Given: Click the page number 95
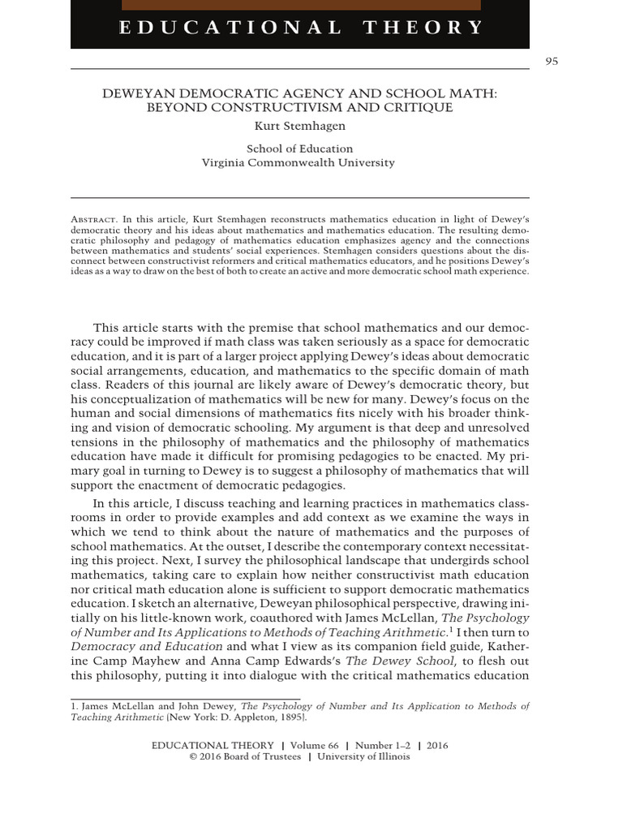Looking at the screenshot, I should coord(552,62).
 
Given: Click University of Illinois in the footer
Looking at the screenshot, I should coord(363,757).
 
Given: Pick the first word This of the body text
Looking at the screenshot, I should coord(105,328).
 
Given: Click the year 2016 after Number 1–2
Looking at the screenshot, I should coord(436,746).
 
